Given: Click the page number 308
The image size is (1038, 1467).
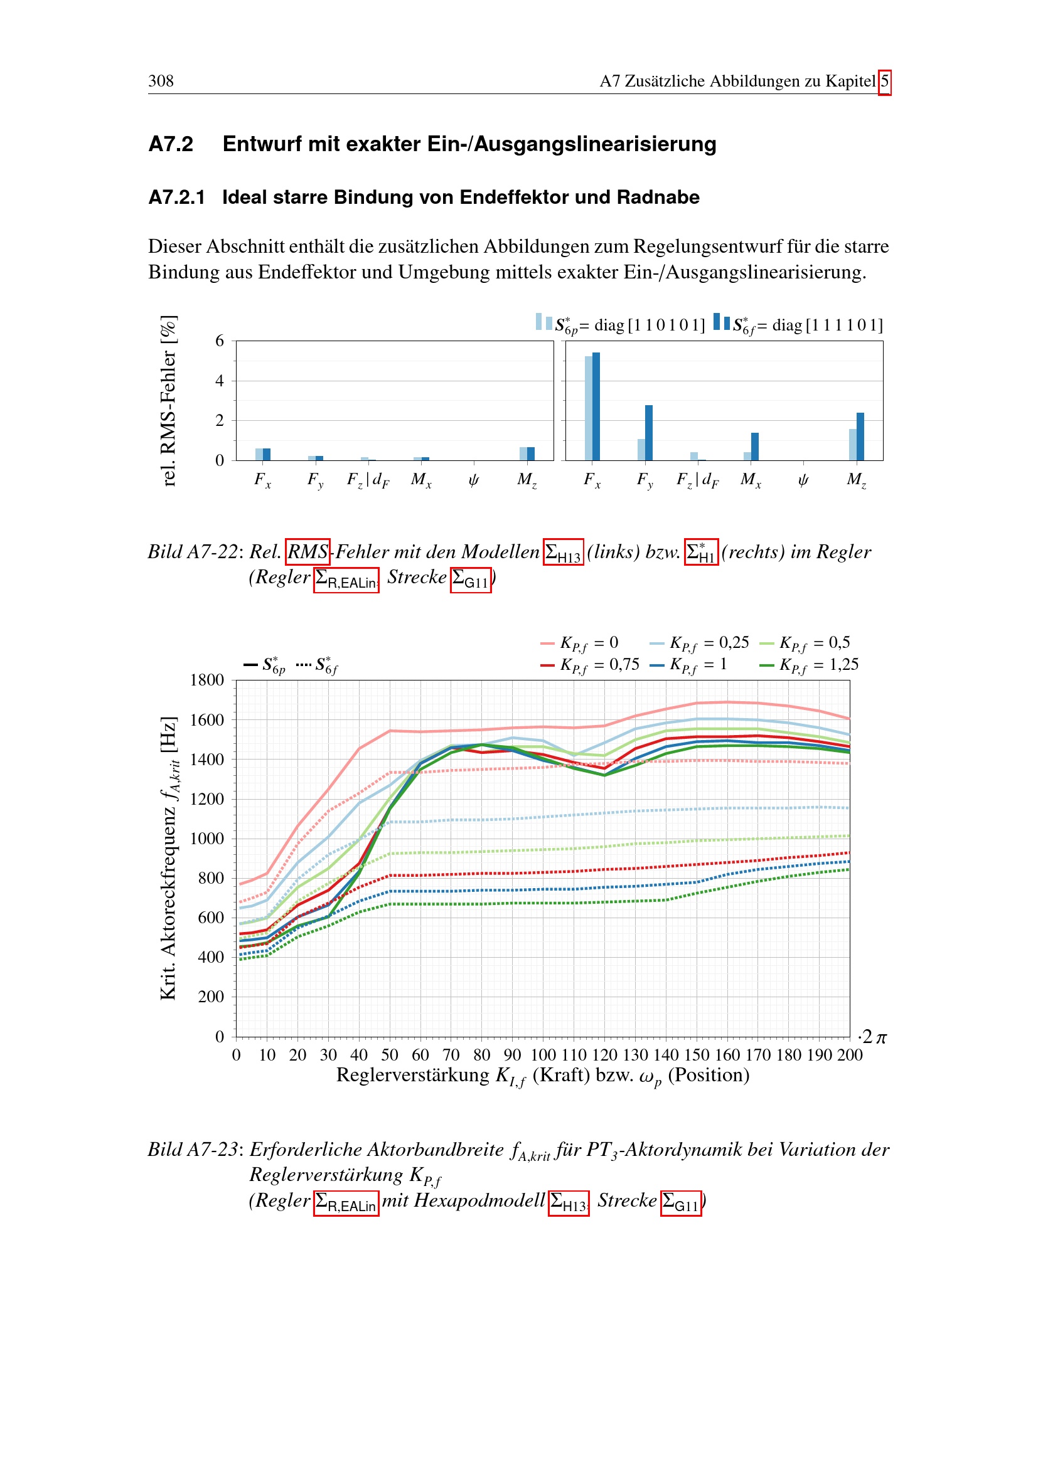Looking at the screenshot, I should (x=161, y=81).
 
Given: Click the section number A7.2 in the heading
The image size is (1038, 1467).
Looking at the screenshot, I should (x=171, y=144).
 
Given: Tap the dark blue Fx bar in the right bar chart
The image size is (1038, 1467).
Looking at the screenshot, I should (x=596, y=406).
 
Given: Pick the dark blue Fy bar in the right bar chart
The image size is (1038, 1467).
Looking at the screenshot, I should (x=649, y=433).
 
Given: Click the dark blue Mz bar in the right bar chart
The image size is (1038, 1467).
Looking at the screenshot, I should (x=860, y=437).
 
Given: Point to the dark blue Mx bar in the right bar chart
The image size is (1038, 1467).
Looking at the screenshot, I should (x=755, y=447).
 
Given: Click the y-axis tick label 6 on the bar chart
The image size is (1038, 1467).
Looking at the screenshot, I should (x=220, y=341).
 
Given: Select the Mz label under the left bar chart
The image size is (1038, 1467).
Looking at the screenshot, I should (x=527, y=480).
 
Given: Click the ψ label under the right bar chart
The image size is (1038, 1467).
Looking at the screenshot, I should (x=803, y=480).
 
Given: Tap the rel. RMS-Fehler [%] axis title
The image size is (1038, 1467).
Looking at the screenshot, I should (x=168, y=401).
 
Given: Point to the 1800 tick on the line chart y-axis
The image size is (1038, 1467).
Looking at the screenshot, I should (x=207, y=680).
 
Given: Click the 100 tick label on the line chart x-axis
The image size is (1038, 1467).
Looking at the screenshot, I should (x=543, y=1055).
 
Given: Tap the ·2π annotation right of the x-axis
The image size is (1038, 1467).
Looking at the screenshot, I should (x=872, y=1037).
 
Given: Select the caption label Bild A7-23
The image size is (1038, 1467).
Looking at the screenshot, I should (x=193, y=1150).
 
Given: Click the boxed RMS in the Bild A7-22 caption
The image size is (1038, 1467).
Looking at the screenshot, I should (x=308, y=551).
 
